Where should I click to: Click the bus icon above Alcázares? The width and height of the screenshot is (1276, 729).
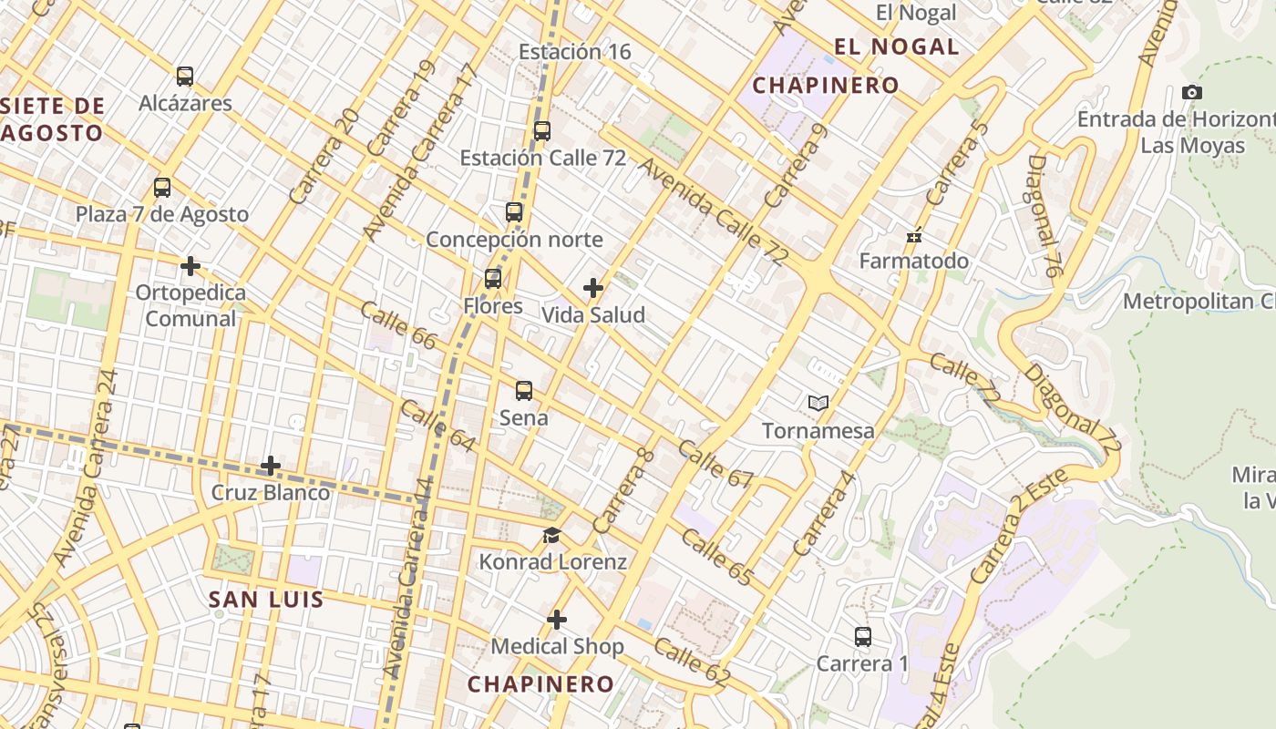185,77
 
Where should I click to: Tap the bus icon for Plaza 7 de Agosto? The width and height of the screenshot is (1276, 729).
162,188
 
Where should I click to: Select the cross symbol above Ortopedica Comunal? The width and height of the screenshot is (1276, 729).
190,266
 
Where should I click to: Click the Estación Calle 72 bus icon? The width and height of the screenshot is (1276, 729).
542,130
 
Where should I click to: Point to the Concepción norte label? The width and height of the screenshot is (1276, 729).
514,240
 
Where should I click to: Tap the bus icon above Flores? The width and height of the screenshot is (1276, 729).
493,279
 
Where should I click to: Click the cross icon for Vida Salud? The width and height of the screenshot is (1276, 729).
593,289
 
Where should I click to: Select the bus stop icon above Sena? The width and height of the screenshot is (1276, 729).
524,391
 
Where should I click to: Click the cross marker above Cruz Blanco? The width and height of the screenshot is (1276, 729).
271,467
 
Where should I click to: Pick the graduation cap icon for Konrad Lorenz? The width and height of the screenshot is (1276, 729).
552,535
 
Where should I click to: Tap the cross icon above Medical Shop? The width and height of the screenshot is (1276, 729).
557,621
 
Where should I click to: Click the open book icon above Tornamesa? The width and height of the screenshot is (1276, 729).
818,403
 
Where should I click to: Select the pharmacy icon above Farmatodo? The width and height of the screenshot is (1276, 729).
914,236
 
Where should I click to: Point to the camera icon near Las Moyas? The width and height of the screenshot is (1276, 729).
1191,92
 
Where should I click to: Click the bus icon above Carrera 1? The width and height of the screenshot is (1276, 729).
863,637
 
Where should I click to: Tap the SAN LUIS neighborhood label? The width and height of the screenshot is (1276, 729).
266,600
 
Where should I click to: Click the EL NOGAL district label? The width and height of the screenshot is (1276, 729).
897,47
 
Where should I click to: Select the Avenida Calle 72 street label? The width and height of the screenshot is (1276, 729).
712,212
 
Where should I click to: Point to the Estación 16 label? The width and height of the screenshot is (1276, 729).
574,52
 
